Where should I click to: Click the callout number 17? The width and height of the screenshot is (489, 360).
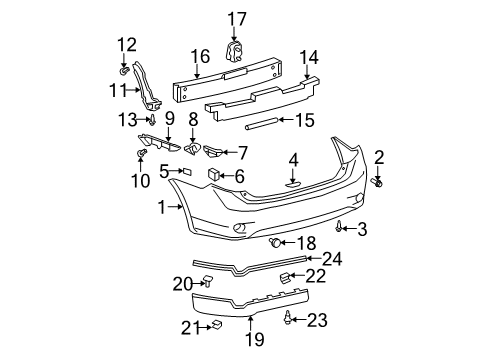pyautogui.click(x=236, y=18)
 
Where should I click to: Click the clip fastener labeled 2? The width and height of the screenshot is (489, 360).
pyautogui.click(x=380, y=183)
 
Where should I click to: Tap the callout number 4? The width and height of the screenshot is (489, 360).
pyautogui.click(x=294, y=159)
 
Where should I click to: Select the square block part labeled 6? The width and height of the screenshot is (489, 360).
pyautogui.click(x=214, y=176)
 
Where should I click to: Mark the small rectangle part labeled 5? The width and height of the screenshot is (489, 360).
pyautogui.click(x=186, y=172)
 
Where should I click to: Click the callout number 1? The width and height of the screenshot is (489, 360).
pyautogui.click(x=162, y=206)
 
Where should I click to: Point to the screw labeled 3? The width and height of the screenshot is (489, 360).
pyautogui.click(x=341, y=228)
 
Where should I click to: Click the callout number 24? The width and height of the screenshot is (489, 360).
pyautogui.click(x=331, y=258)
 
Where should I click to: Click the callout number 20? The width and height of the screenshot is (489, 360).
pyautogui.click(x=181, y=283)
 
